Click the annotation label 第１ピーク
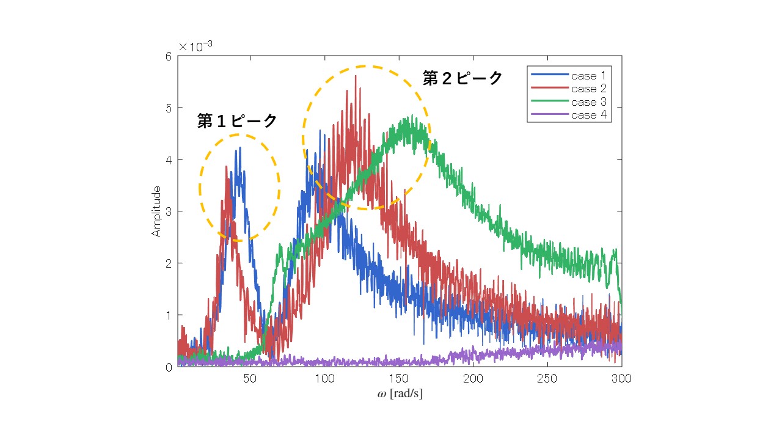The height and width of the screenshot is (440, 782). tap(237, 121)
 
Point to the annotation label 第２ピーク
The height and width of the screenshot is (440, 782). tap(462, 78)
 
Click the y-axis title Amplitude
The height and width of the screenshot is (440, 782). tap(156, 211)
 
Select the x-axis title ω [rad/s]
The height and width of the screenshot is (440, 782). tap(400, 394)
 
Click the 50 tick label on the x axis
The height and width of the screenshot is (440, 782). tap(249, 379)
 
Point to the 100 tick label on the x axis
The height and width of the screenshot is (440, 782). tap(324, 379)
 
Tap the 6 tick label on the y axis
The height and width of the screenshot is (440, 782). tap(168, 56)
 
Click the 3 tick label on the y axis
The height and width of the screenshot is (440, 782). tap(168, 211)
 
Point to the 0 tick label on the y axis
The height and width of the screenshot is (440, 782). tap(168, 367)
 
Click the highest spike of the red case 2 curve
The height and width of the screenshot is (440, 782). tap(356, 76)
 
